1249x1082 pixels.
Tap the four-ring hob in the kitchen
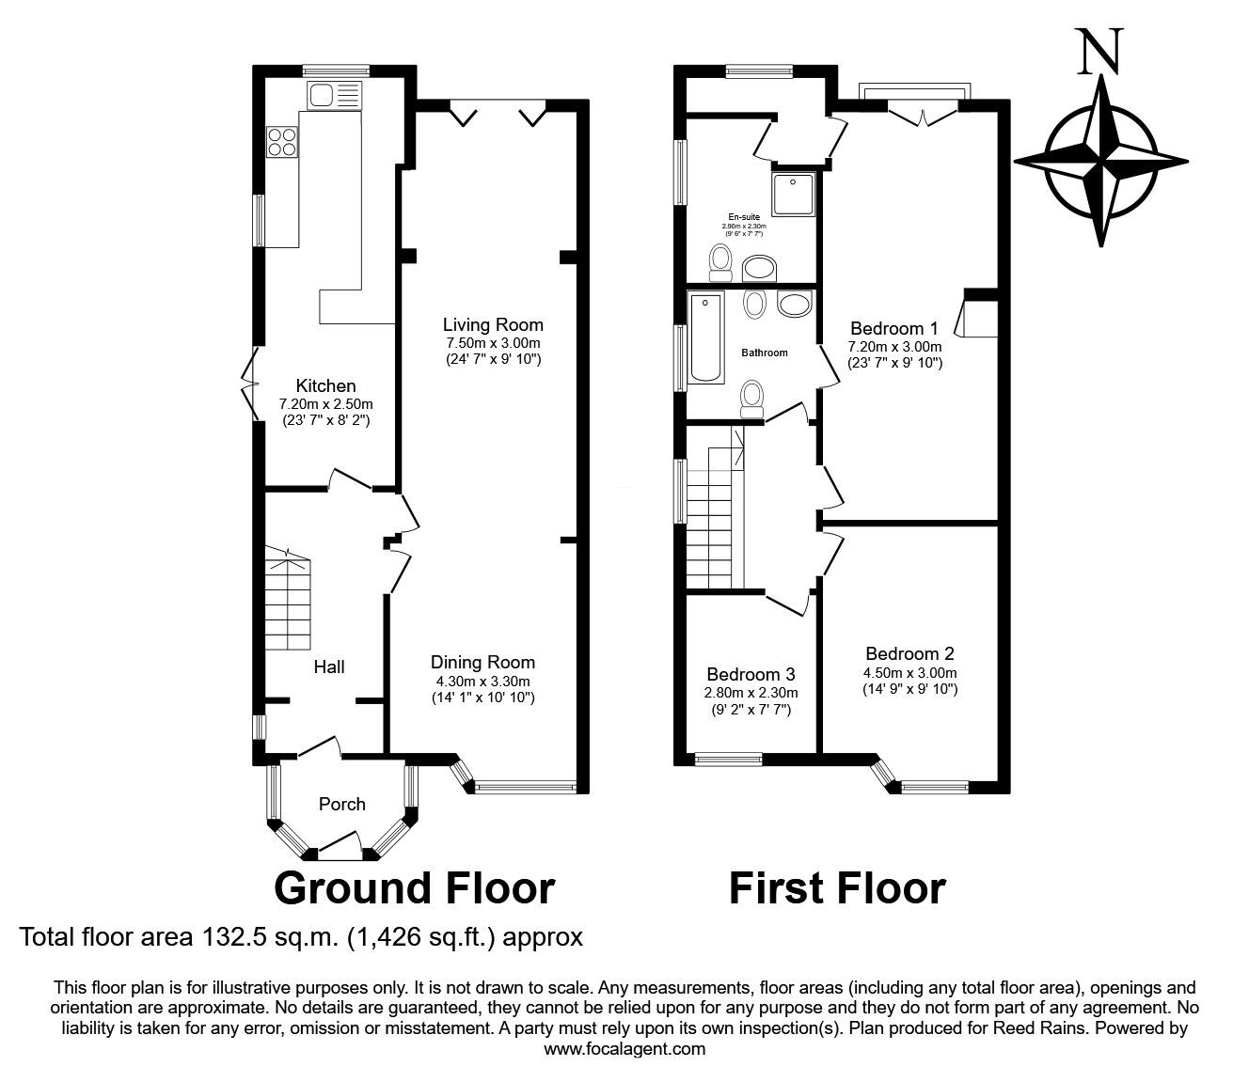click(281, 141)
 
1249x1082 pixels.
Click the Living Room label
click(494, 325)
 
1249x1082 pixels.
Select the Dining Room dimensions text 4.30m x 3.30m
click(482, 681)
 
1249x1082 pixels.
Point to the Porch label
click(342, 804)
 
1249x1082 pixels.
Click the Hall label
click(329, 666)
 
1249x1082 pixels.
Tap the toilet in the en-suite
click(721, 260)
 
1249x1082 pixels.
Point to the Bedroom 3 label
click(751, 674)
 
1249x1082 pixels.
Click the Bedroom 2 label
click(909, 653)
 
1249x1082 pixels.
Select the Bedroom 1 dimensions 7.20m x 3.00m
click(894, 346)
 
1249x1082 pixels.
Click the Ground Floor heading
click(414, 887)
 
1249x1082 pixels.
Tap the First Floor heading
click(837, 887)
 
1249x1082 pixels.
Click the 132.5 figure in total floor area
click(230, 936)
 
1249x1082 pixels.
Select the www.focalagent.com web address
click(624, 1048)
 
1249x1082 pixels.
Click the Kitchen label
click(325, 385)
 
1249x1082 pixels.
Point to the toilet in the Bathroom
click(752, 398)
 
